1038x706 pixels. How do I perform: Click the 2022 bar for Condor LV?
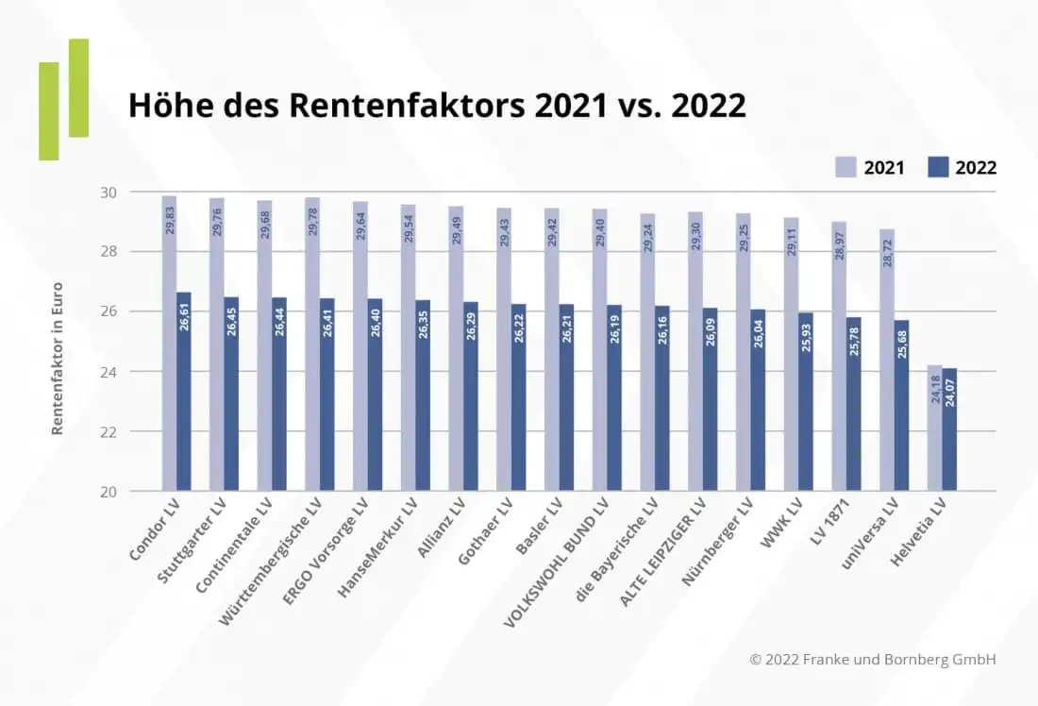tap(184, 396)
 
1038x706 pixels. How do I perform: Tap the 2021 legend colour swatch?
tap(845, 167)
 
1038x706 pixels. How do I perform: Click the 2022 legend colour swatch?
tap(937, 167)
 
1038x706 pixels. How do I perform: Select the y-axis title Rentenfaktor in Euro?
tap(58, 359)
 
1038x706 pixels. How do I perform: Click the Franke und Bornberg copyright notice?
tap(873, 660)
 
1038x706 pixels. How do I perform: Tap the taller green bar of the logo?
tap(78, 88)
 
